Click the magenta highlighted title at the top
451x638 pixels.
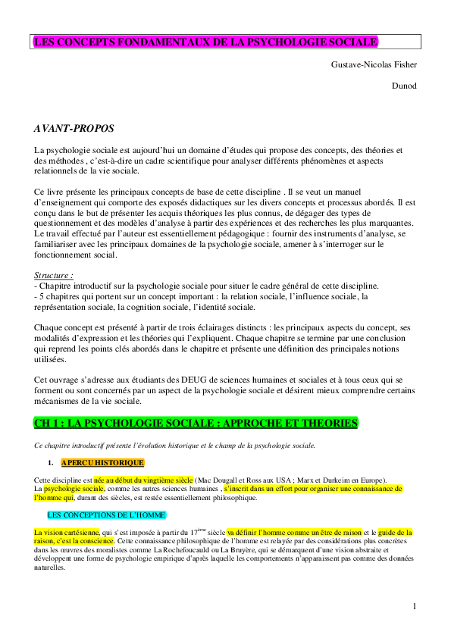(x=205, y=42)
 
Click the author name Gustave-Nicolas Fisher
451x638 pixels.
(x=374, y=64)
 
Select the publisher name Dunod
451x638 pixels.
(x=404, y=86)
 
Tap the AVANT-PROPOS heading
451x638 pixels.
(x=74, y=128)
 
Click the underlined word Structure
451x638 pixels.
(x=54, y=274)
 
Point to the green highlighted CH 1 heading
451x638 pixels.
(x=196, y=421)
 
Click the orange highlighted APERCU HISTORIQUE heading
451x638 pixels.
(x=102, y=462)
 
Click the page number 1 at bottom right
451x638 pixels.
(x=415, y=606)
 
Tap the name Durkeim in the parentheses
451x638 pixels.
(x=344, y=480)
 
